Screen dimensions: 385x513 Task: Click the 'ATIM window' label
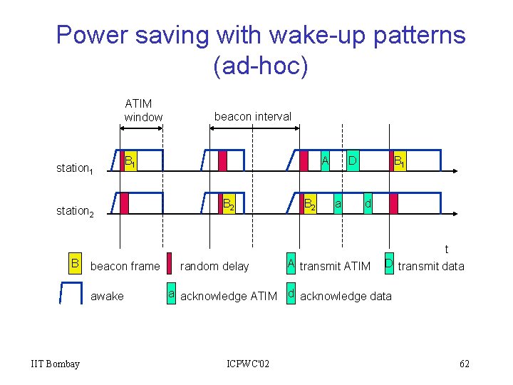(143, 110)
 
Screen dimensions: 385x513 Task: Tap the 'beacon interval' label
(253, 116)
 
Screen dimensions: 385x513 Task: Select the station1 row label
(81, 168)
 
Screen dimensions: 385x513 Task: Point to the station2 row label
(81, 210)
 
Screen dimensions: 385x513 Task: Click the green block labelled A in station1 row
(324, 161)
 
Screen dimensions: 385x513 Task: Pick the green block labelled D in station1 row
(352, 161)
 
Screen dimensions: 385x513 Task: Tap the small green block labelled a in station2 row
(339, 204)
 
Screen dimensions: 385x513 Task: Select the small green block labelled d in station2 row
(368, 204)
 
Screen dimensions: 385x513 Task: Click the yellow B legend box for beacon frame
(75, 265)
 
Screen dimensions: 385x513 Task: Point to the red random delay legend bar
(169, 265)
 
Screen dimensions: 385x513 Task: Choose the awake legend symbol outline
(71, 293)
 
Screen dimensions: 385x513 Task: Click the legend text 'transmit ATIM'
(335, 267)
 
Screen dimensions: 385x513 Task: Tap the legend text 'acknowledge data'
(346, 296)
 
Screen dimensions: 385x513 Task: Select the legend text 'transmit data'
(431, 267)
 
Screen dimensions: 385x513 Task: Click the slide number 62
(464, 364)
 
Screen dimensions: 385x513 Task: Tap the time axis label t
(447, 249)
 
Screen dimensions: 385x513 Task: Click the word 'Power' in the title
(96, 35)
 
